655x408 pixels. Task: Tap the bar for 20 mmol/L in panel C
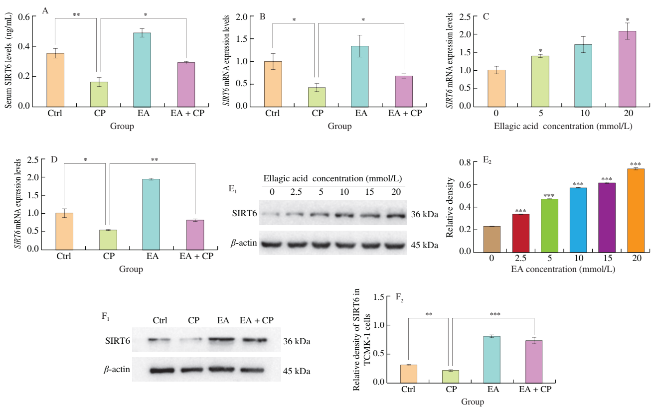tap(627, 69)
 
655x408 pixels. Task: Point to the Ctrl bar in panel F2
tap(409, 374)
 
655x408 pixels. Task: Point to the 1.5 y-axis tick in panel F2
tap(384, 297)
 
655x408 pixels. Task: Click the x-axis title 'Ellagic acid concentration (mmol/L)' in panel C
tap(556, 126)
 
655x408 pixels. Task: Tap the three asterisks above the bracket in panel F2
tap(494, 315)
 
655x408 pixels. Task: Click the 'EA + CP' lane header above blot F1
tap(257, 319)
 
